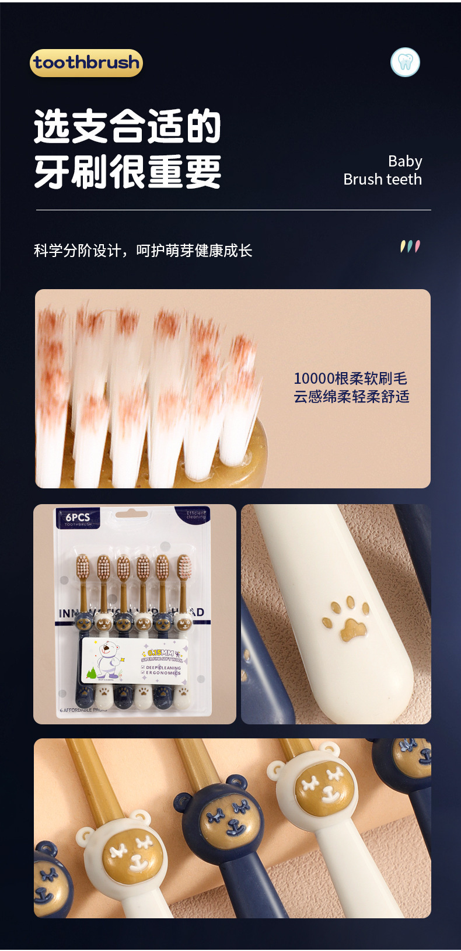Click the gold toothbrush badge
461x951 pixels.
(x=86, y=63)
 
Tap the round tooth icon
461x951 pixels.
(x=405, y=63)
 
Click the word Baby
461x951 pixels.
(x=405, y=161)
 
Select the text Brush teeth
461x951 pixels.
(x=382, y=179)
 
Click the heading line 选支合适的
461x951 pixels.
(x=127, y=126)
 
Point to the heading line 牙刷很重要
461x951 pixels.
(x=127, y=172)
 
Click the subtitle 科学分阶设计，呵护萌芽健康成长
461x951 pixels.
(x=143, y=251)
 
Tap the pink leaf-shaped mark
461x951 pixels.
(x=417, y=246)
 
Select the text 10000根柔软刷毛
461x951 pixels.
(x=350, y=379)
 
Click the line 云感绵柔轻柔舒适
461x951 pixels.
(x=351, y=397)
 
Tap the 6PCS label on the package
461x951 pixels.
(x=78, y=518)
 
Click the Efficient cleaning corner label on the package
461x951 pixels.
(x=195, y=515)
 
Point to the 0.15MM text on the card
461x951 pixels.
(x=160, y=652)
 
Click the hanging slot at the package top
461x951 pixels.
(x=131, y=513)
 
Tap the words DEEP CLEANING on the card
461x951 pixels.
(x=163, y=667)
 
